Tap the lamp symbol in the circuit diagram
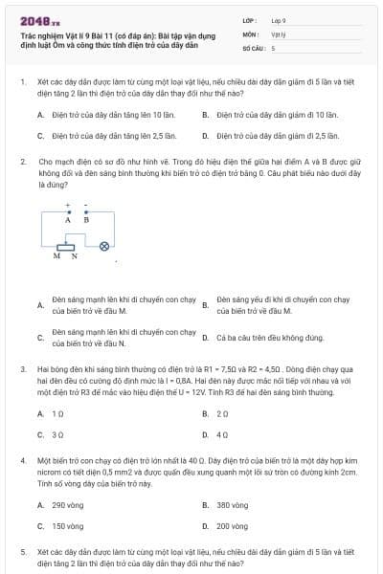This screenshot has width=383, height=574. [x=105, y=245]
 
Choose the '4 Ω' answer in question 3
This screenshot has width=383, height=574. [x=222, y=434]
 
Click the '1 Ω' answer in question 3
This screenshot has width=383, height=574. [x=57, y=413]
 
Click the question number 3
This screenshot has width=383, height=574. [x=23, y=367]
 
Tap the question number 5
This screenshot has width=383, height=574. [x=23, y=552]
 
